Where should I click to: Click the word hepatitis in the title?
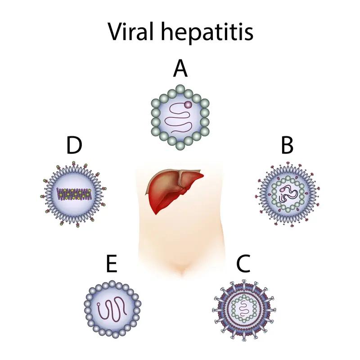coord(207,32)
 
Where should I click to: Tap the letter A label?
coord(180,68)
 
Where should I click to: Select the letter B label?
coord(287,145)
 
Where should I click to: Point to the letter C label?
coord(243,263)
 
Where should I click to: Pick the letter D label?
coord(74,145)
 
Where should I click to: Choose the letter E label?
coord(112,263)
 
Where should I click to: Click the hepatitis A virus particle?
coord(180,117)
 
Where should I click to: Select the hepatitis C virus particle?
coord(244,310)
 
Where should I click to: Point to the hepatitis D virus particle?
coord(73,194)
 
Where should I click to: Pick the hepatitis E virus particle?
coord(112,309)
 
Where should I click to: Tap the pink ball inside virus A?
coord(188,105)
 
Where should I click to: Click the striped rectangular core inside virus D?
coord(74,194)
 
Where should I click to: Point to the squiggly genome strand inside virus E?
coord(112,309)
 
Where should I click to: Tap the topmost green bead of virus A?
coord(180,89)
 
